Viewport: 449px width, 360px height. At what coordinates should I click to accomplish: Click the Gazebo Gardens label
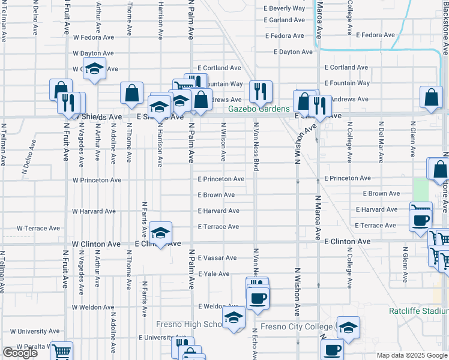tap(259, 109)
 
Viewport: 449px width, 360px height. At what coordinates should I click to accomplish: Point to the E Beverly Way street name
tap(285, 8)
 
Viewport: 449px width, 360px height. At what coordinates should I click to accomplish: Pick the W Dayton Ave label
tap(93, 53)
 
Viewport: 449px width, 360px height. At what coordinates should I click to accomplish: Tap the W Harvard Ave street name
tap(94, 211)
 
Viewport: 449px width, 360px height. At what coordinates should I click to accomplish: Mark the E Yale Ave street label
tap(214, 274)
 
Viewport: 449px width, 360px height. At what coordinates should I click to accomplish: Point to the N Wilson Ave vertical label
tap(223, 143)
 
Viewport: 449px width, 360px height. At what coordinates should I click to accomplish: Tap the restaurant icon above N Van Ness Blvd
tap(261, 91)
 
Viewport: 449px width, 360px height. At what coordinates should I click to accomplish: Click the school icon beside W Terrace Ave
tap(160, 232)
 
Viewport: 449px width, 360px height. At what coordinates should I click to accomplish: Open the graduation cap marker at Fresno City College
tap(348, 327)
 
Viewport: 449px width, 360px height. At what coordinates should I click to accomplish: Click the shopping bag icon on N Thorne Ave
tap(131, 93)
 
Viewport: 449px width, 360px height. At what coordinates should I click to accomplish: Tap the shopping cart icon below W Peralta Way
tap(61, 353)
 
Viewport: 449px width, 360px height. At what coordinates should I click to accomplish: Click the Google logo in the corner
tap(20, 353)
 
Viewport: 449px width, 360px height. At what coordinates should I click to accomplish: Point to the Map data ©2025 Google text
tap(411, 355)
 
